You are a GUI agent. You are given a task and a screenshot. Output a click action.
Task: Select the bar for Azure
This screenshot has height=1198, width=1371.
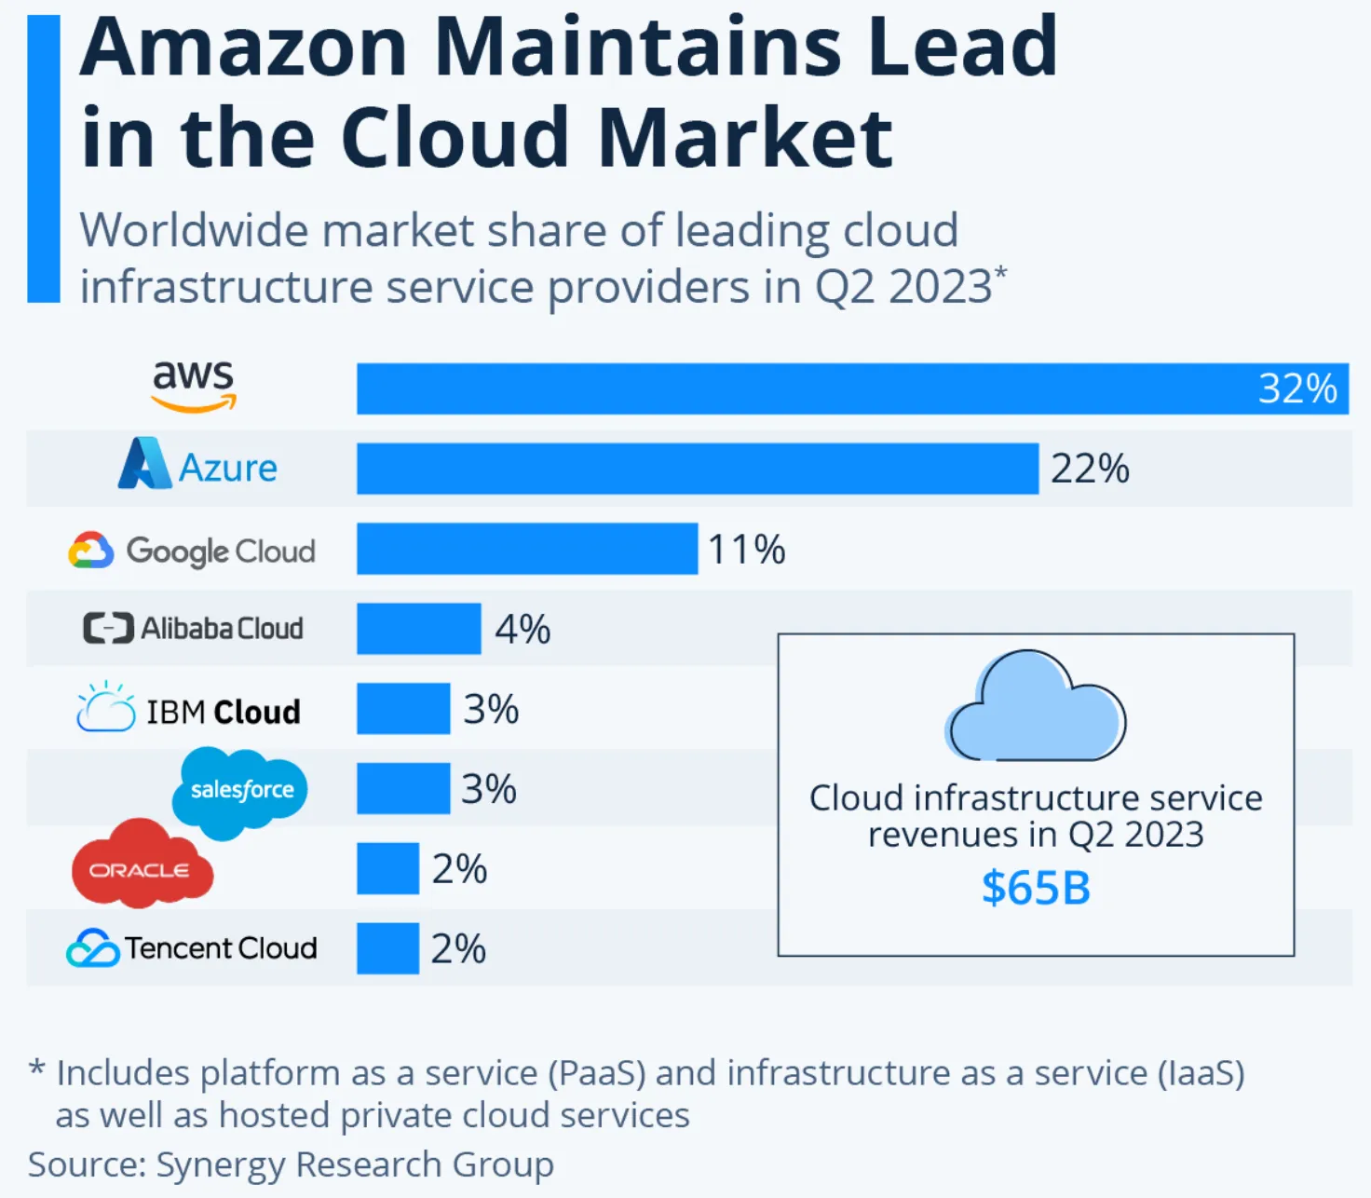pos(697,469)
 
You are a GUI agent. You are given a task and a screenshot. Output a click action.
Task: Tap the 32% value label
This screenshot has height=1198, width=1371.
pos(1297,388)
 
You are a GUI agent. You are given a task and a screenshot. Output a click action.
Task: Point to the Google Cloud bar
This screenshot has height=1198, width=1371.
pos(527,549)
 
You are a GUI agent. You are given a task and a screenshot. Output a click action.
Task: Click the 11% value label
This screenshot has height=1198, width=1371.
pos(747,550)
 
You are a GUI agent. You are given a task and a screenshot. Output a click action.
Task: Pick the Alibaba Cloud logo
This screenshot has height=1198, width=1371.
pos(194,629)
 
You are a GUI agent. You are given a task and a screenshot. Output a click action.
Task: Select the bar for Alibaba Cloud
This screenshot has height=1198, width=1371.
pos(419,629)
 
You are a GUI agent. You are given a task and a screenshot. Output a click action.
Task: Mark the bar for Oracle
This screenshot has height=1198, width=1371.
pos(387,868)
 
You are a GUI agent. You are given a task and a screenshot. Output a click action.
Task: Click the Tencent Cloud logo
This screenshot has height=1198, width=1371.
pos(192,948)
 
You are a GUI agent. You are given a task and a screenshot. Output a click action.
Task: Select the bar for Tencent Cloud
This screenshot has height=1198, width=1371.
pos(387,948)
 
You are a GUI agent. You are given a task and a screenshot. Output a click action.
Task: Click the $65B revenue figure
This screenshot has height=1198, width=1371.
pos(1036,888)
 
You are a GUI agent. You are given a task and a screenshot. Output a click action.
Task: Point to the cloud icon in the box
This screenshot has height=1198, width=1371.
pos(1036,707)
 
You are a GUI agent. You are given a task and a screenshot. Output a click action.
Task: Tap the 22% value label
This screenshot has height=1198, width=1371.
pos(1090,469)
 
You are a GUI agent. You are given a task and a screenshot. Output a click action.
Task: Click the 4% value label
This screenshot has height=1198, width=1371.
pos(523,630)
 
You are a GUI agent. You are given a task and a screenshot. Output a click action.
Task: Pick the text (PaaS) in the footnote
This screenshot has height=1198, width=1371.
pos(596,1073)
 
